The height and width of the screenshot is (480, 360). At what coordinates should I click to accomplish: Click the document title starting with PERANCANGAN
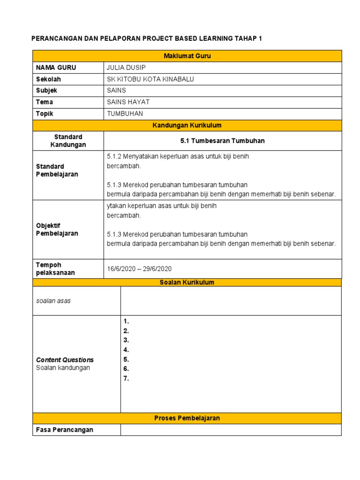pos(147,38)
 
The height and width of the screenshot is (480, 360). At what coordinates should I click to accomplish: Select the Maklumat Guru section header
pos(187,56)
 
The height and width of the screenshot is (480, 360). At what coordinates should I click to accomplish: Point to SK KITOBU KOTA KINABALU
pos(150,79)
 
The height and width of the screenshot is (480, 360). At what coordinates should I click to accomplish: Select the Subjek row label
pos(46,90)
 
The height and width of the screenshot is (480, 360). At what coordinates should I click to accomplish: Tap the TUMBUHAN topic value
pos(125,113)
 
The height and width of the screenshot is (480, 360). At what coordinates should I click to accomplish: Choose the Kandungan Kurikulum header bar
pos(187,126)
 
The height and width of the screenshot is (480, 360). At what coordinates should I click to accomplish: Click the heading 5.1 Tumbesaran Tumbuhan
pos(223,141)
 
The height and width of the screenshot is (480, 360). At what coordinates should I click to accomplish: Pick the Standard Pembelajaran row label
pos(57,170)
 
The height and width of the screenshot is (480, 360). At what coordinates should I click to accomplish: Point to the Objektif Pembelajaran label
pos(57,230)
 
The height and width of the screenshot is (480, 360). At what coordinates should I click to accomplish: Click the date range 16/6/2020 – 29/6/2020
pos(140,269)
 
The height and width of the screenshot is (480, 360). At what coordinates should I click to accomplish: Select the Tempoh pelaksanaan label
pos(55,269)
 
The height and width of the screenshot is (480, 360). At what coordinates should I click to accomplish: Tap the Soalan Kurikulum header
pos(187,282)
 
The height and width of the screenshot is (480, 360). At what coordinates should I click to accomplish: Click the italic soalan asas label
pos(53,301)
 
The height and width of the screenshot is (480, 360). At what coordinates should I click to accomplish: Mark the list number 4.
pos(126,350)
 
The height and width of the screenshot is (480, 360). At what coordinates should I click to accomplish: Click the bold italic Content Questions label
pos(65,360)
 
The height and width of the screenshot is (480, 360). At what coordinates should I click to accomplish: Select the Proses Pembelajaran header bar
pos(187,418)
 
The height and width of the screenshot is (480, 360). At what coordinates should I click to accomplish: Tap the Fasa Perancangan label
pos(65,430)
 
